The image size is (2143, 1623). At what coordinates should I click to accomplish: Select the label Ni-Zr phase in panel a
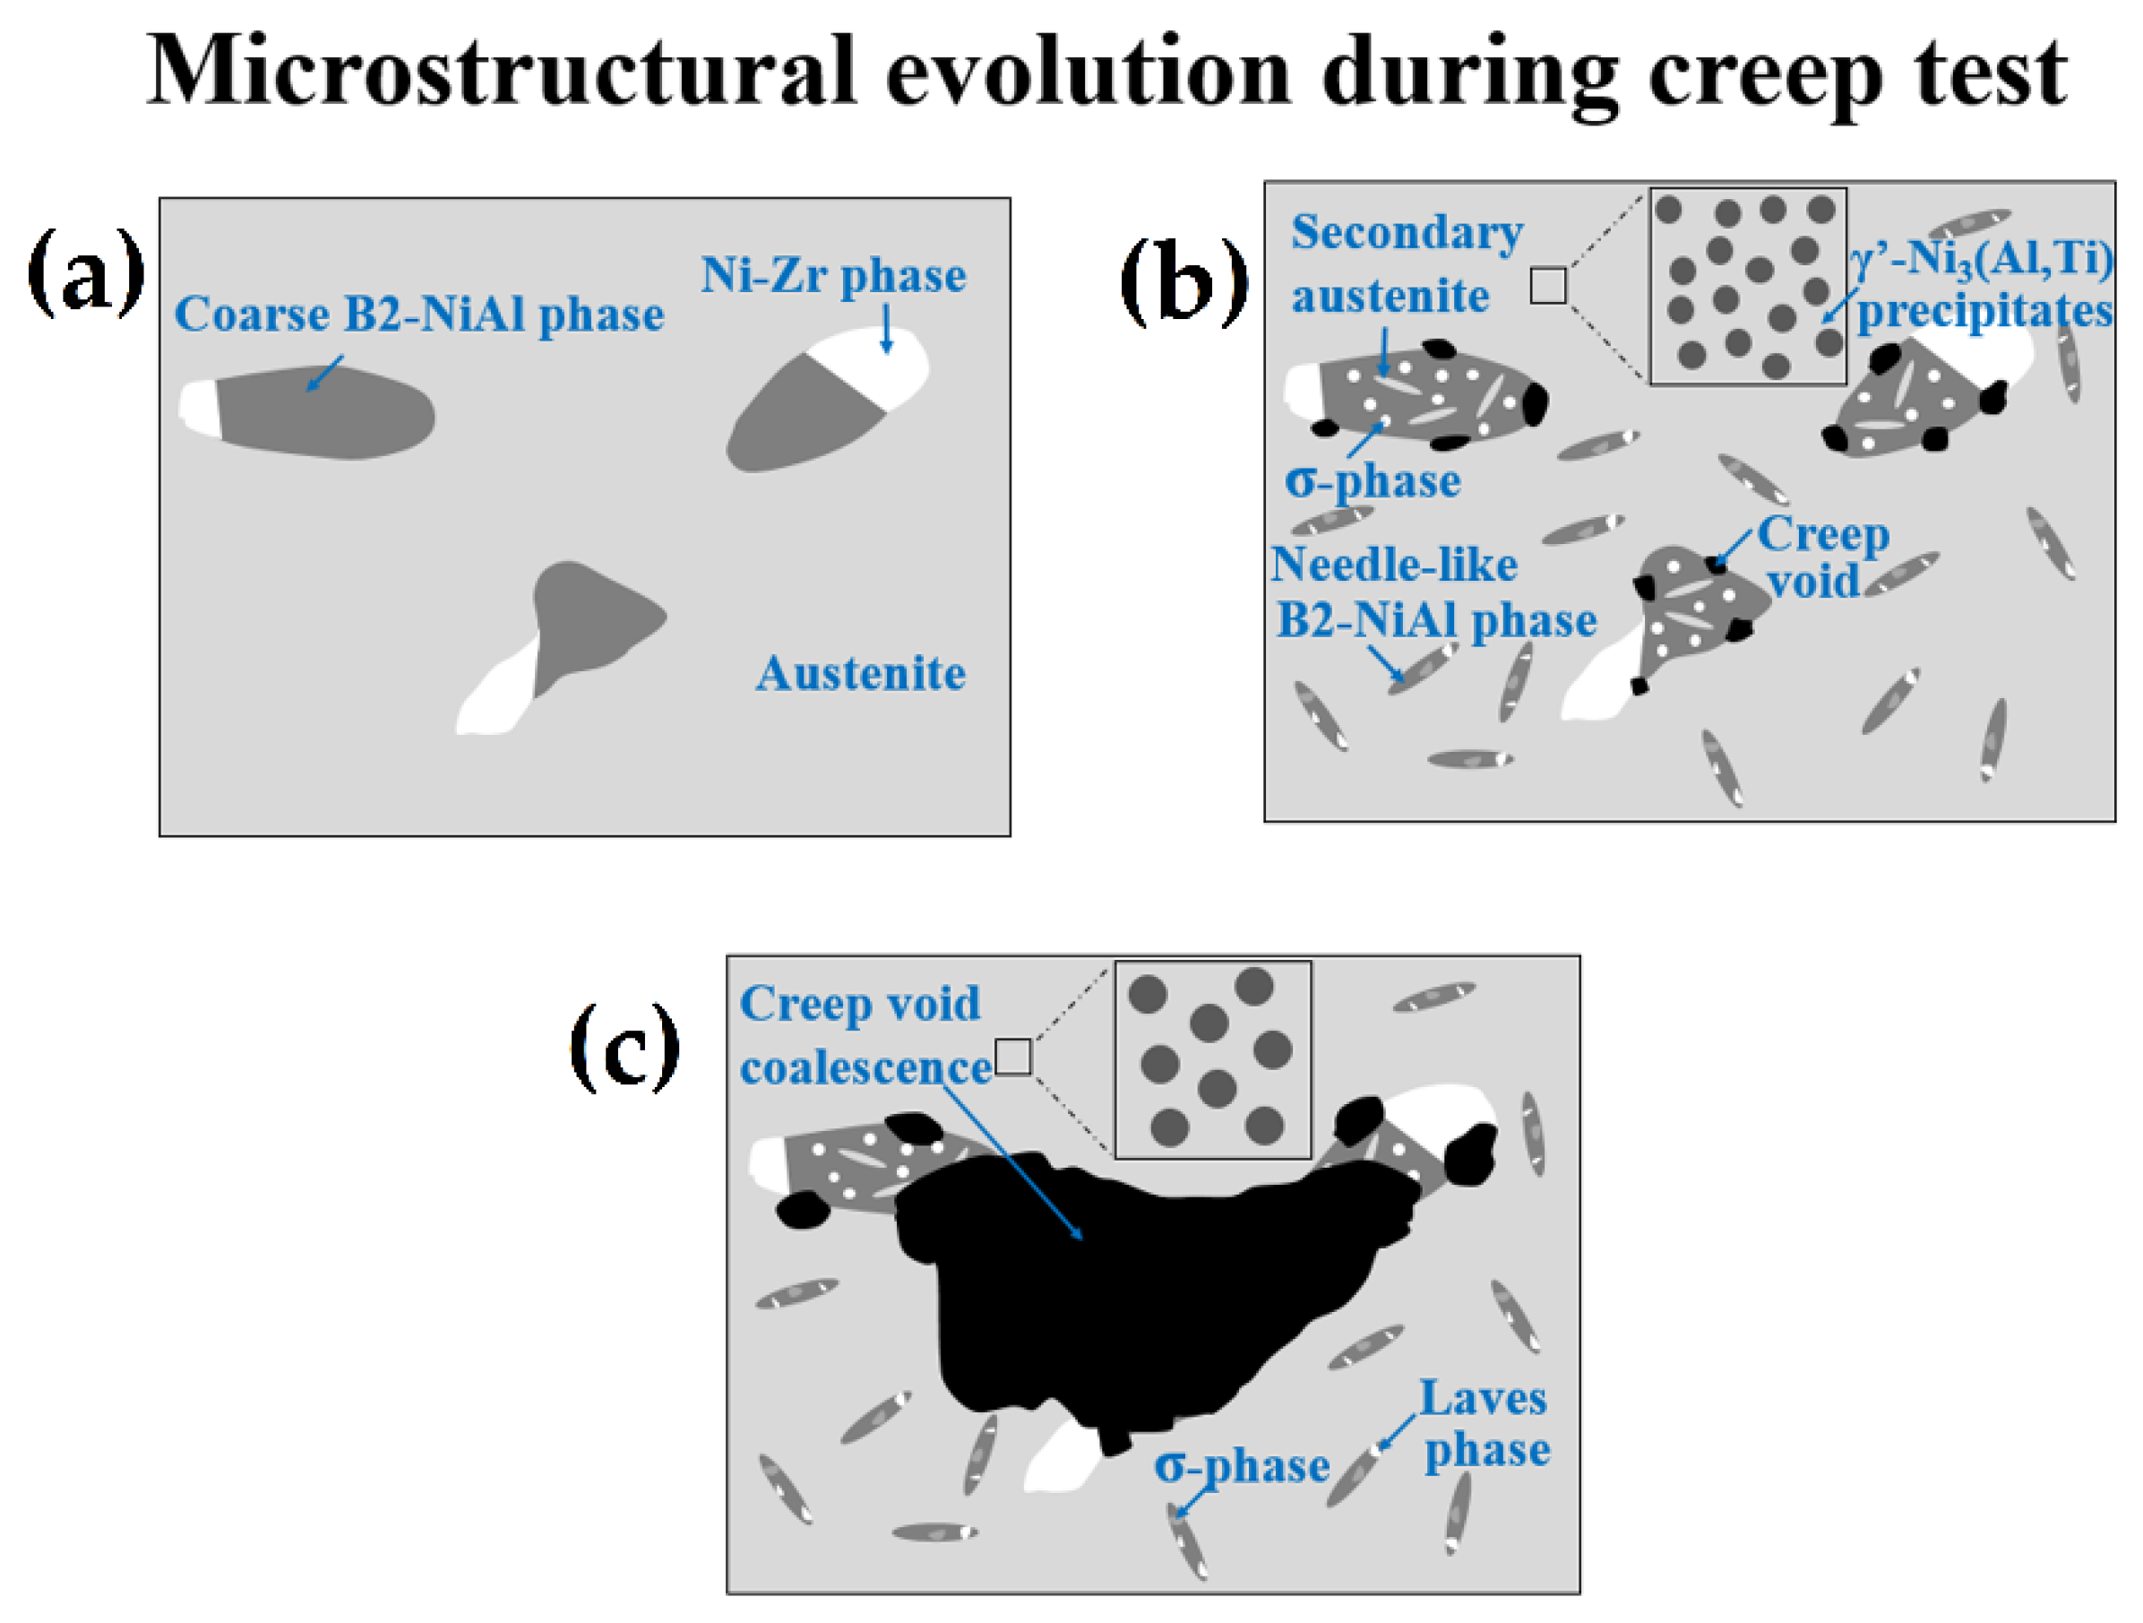[832, 275]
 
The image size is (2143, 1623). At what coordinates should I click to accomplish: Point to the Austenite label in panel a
[860, 673]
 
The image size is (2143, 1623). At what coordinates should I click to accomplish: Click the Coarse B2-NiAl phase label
[418, 315]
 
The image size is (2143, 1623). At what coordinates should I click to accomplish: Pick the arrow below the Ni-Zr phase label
[885, 330]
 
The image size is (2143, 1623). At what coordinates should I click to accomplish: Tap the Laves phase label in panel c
[1485, 1424]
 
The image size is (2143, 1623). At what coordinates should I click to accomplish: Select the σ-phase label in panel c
[1241, 1466]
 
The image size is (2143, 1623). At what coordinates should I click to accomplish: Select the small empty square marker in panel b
[1547, 286]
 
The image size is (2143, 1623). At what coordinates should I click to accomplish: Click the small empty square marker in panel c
[1012, 1057]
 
